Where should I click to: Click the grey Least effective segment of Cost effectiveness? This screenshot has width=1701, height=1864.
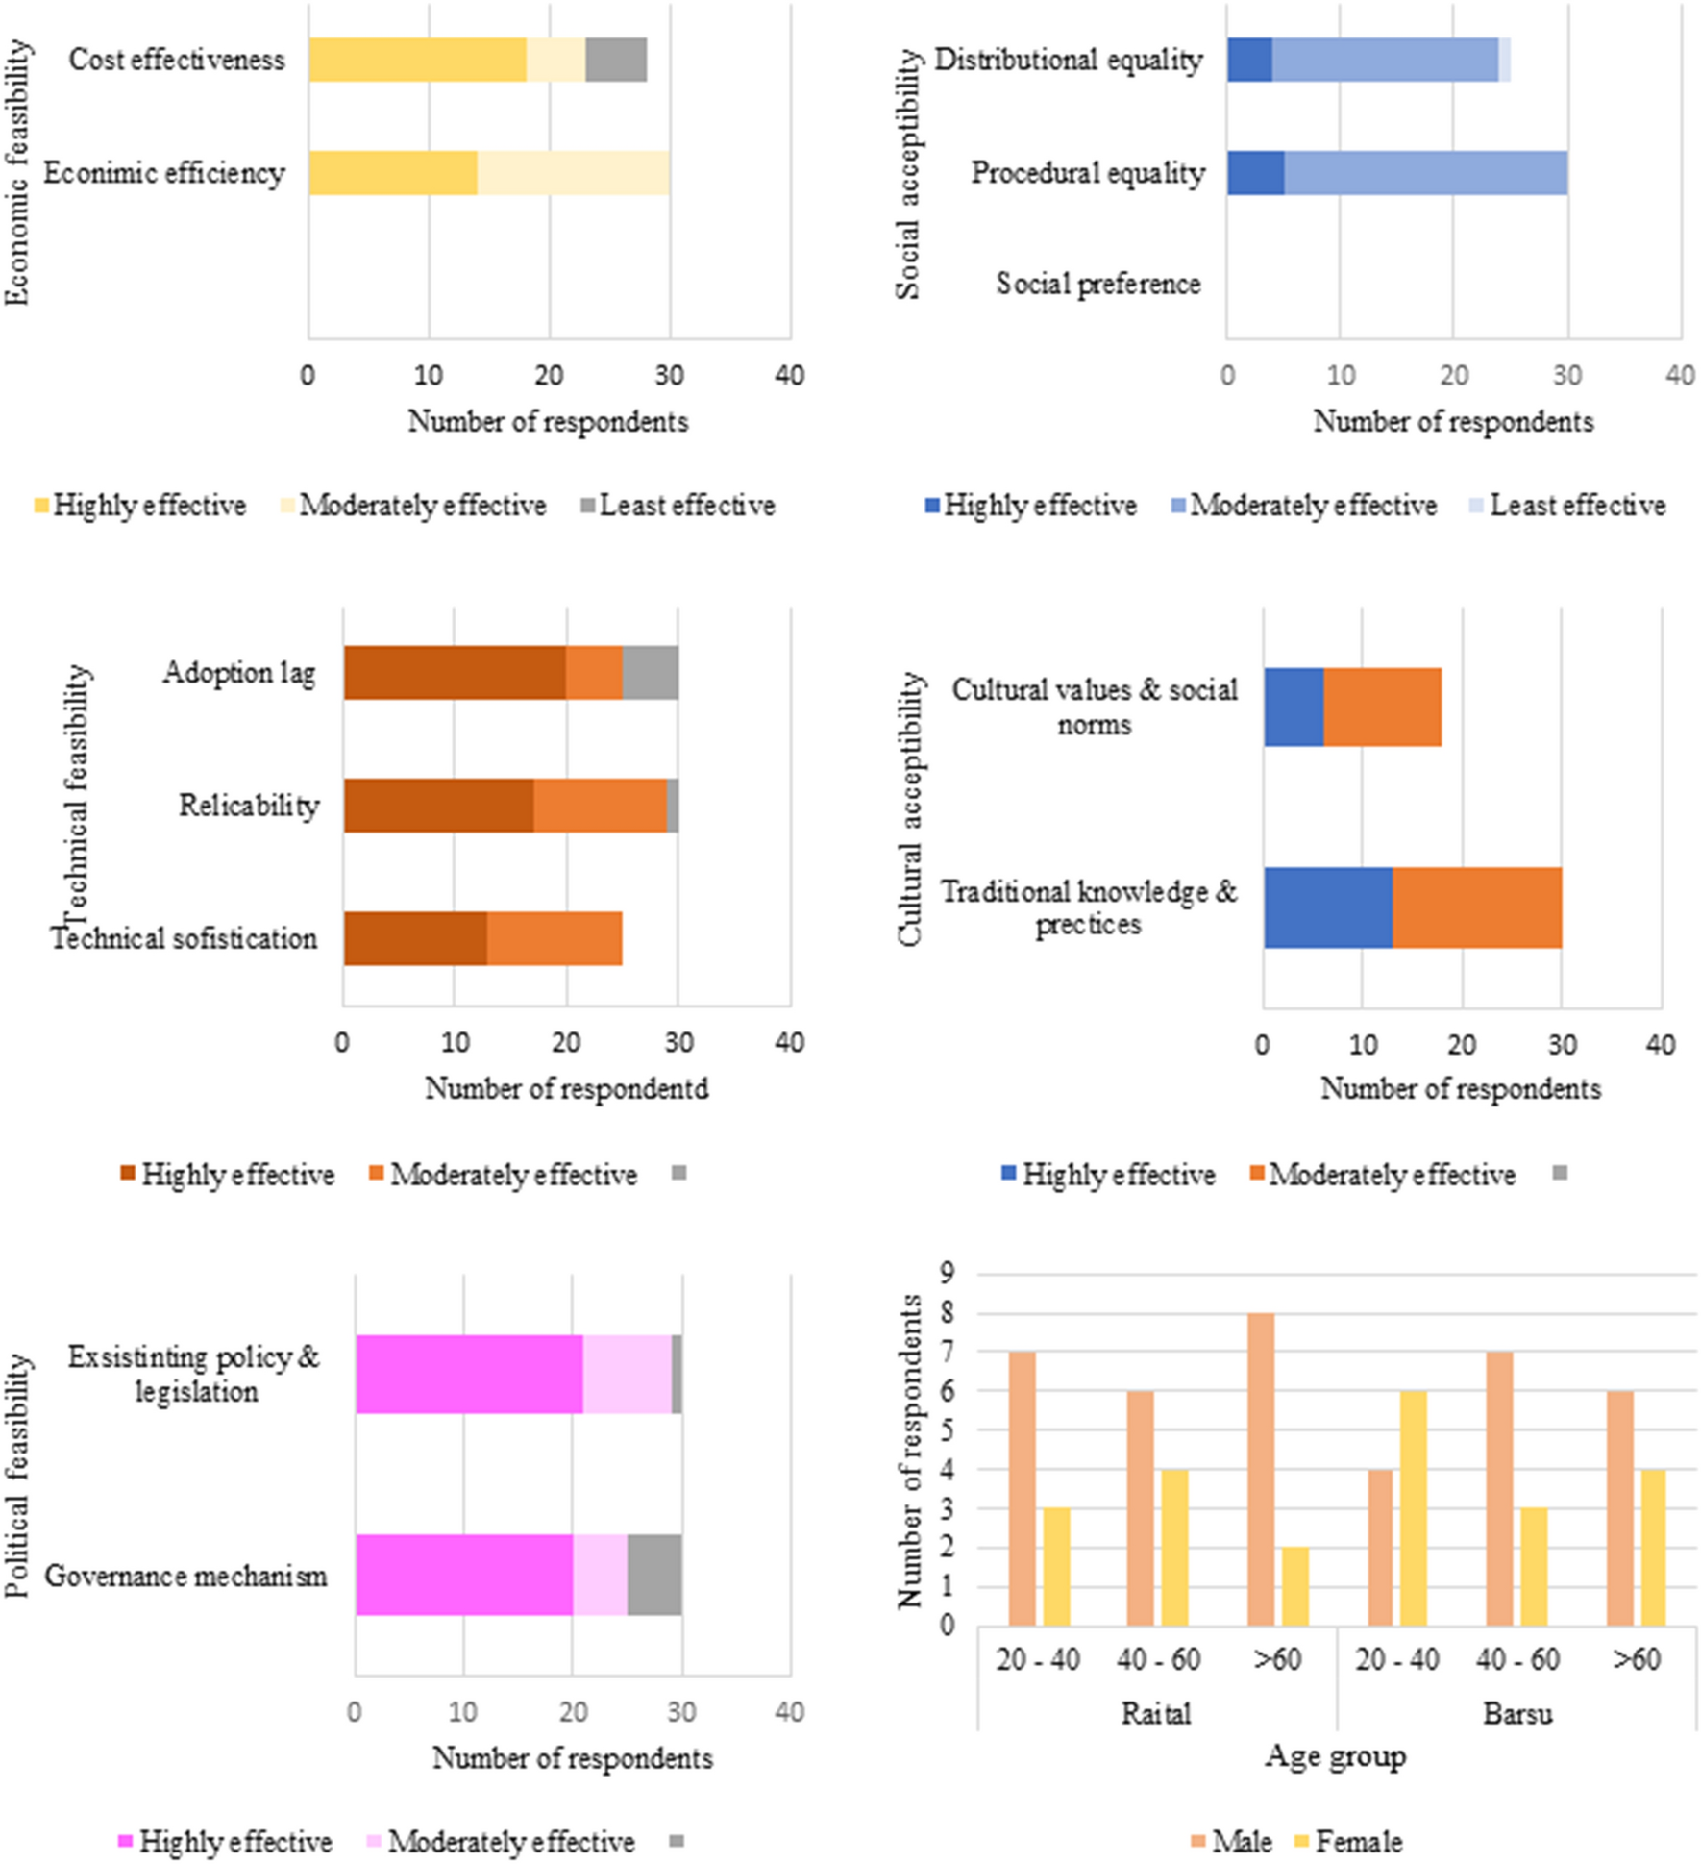pyautogui.click(x=616, y=60)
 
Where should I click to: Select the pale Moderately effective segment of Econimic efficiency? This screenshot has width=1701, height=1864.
pyautogui.click(x=573, y=173)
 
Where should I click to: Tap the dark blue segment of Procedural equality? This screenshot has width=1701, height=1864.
pyautogui.click(x=1255, y=173)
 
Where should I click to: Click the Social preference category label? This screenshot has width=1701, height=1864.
pyautogui.click(x=1098, y=285)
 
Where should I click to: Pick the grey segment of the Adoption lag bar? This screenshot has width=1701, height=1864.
pyautogui.click(x=650, y=673)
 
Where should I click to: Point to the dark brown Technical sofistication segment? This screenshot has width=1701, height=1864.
pyautogui.click(x=415, y=938)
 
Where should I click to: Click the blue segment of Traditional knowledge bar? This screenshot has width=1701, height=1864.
pyautogui.click(x=1328, y=907)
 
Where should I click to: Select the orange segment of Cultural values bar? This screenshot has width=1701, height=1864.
pyautogui.click(x=1382, y=707)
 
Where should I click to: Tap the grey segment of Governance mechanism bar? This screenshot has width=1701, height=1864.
pyautogui.click(x=654, y=1575)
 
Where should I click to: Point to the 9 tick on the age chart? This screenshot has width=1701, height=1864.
pyautogui.click(x=948, y=1274)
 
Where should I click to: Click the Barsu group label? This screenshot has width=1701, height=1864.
pyautogui.click(x=1517, y=1713)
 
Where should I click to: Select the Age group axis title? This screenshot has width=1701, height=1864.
pyautogui.click(x=1336, y=1755)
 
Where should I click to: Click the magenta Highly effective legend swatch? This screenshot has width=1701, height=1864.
pyautogui.click(x=125, y=1842)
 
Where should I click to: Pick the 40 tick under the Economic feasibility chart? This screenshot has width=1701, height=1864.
pyautogui.click(x=790, y=375)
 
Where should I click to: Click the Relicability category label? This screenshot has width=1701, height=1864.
pyautogui.click(x=249, y=806)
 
